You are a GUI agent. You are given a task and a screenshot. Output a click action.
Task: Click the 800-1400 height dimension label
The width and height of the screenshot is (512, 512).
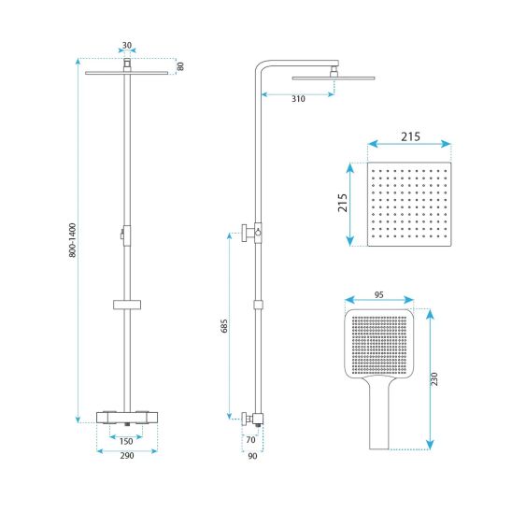pos(73,240)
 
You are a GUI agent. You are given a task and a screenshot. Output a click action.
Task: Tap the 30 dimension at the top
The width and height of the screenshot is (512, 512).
pos(127,46)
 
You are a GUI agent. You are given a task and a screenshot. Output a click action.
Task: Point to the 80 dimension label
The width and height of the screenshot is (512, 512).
pos(180,66)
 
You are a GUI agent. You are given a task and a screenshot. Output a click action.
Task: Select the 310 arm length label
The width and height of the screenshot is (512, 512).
pos(298,99)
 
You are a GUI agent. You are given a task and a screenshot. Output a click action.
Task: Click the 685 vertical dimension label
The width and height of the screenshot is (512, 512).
pos(224,326)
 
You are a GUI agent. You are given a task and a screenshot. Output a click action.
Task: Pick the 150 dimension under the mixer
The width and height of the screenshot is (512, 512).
pos(126,442)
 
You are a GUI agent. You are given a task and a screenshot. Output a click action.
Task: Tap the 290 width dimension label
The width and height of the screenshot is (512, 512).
pos(127,456)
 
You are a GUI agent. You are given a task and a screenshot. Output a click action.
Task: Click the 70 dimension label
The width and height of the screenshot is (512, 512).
pos(250,440)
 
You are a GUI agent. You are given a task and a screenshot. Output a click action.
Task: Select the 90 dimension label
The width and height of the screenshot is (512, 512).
pos(252,456)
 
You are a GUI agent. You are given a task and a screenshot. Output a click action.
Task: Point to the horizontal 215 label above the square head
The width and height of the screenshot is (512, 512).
pos(410,136)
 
